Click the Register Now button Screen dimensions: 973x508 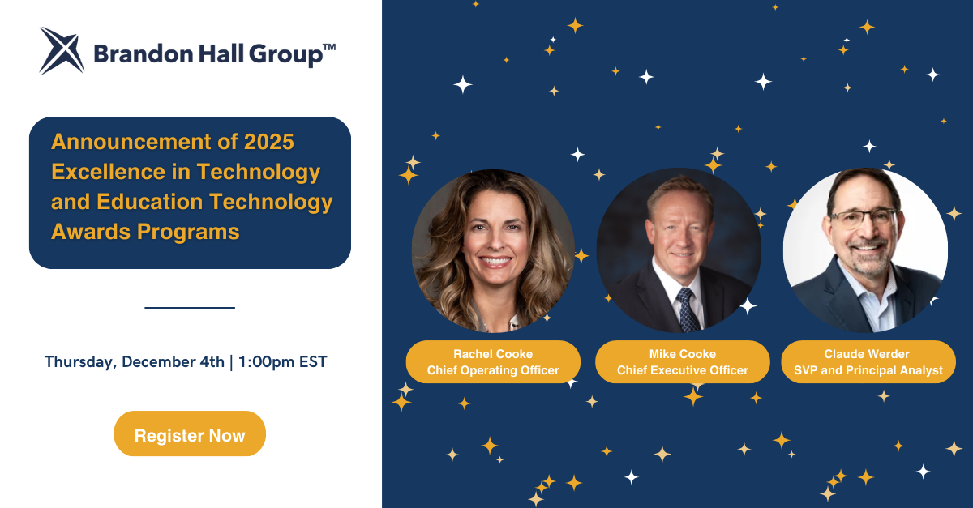pos(190,433)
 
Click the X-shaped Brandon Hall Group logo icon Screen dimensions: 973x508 pos(62,51)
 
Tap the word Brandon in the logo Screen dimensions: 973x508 pos(144,54)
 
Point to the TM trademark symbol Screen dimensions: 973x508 pos(329,47)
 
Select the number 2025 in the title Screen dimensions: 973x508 pos(269,142)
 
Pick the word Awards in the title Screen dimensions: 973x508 pos(90,232)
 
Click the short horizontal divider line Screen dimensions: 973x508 pos(190,308)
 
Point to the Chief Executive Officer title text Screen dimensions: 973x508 pos(683,370)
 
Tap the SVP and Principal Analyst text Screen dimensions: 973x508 pos(868,370)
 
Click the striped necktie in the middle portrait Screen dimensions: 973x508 pos(688,309)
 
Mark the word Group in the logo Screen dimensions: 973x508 pos(285,55)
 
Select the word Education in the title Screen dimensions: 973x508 pos(149,202)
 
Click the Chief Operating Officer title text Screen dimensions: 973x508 pos(493,370)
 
